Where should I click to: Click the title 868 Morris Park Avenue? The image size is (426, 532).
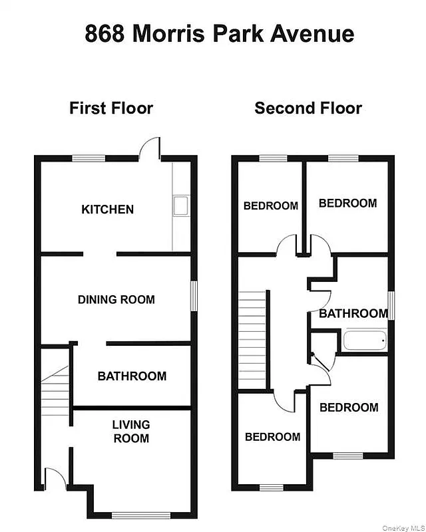pyautogui.click(x=219, y=33)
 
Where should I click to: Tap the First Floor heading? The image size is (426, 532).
pyautogui.click(x=111, y=108)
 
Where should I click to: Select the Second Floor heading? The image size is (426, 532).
pyautogui.click(x=308, y=108)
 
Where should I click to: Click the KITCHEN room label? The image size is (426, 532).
pyautogui.click(x=107, y=209)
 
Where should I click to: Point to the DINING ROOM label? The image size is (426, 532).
pyautogui.click(x=116, y=299)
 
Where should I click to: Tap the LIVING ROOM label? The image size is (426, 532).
pyautogui.click(x=130, y=431)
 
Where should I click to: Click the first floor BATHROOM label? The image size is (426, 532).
pyautogui.click(x=132, y=376)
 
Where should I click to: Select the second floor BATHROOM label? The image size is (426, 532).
pyautogui.click(x=353, y=313)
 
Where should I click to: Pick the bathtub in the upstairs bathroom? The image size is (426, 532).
pyautogui.click(x=364, y=342)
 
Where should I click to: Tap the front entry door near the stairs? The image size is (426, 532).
pyautogui.click(x=53, y=478)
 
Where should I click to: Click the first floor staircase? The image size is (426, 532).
pyautogui.click(x=56, y=392)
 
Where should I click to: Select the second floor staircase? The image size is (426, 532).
pyautogui.click(x=253, y=339)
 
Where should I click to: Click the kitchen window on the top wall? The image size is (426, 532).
pyautogui.click(x=89, y=158)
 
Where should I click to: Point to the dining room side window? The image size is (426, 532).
pyautogui.click(x=194, y=295)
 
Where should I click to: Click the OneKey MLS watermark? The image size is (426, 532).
pyautogui.click(x=403, y=527)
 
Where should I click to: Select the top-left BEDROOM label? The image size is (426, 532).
pyautogui.click(x=270, y=205)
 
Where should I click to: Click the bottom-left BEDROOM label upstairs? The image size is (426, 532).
pyautogui.click(x=272, y=437)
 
